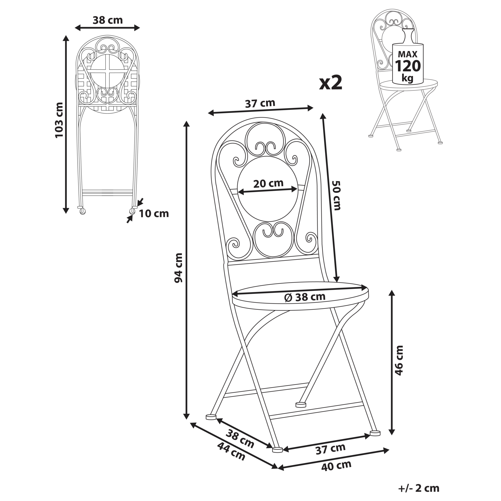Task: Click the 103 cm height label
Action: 59,120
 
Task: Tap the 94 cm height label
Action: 178,268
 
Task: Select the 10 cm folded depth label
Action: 154,214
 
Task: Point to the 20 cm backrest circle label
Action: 268,183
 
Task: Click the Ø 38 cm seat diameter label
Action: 305,297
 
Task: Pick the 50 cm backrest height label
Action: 337,195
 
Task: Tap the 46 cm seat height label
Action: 399,360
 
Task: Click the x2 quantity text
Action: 331,83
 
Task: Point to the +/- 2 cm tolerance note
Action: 419,488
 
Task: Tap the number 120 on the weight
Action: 408,66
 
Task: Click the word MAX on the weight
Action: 407,54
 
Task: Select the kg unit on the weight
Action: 407,78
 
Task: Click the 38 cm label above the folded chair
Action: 107,20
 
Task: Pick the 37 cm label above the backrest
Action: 260,104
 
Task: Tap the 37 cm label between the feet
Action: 330,449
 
